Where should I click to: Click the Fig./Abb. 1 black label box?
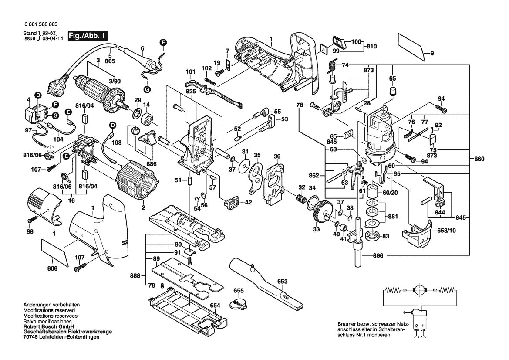click(87, 36)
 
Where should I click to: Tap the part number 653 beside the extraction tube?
click(282, 282)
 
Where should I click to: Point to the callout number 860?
click(479, 160)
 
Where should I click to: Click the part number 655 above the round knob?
click(238, 290)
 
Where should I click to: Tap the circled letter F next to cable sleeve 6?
click(163, 42)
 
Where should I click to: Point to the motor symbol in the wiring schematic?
click(420, 290)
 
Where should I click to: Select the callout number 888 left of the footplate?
click(135, 275)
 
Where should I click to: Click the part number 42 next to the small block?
click(248, 202)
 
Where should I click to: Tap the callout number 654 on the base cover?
click(215, 306)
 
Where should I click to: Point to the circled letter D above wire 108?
click(113, 126)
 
